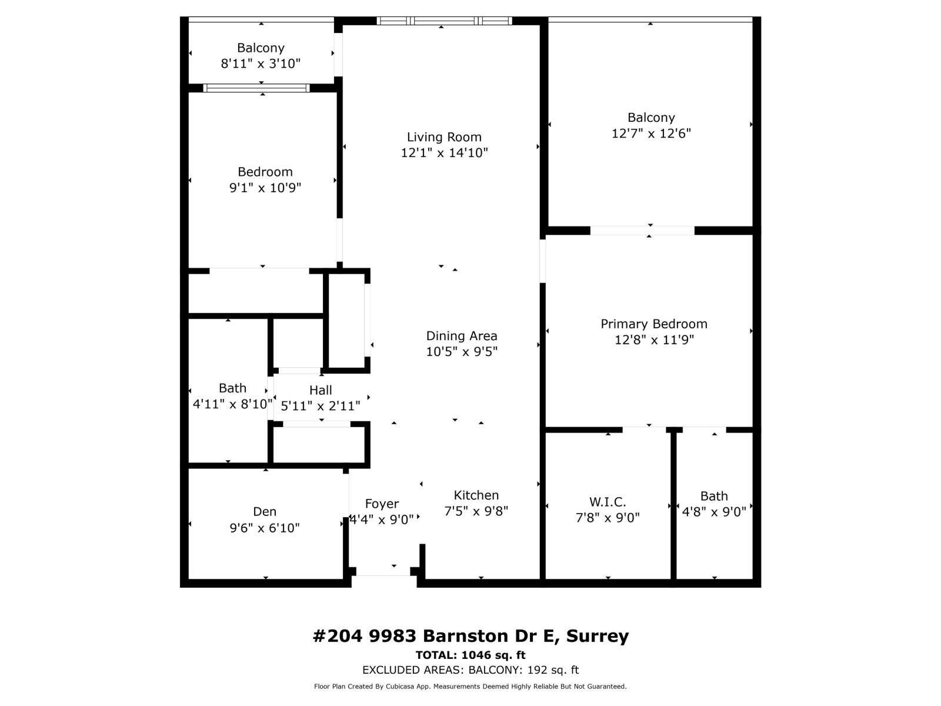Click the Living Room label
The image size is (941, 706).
click(x=444, y=137)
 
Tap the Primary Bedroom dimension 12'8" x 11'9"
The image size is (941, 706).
click(x=654, y=339)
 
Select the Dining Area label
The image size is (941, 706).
click(x=462, y=336)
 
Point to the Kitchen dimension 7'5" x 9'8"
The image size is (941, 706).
click(x=476, y=511)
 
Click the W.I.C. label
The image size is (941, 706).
click(x=608, y=502)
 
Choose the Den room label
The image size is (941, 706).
click(x=265, y=512)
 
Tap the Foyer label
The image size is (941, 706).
click(x=382, y=504)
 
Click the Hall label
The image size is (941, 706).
click(x=321, y=390)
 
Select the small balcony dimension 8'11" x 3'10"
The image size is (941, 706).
click(x=261, y=64)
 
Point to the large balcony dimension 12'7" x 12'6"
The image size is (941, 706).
click(x=651, y=134)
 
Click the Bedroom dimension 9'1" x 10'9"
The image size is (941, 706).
click(x=265, y=188)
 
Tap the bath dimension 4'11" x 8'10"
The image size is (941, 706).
click(x=232, y=404)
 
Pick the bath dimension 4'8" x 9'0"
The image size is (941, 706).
click(x=714, y=512)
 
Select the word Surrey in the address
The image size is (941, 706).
click(x=597, y=636)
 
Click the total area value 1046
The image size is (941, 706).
click(x=476, y=655)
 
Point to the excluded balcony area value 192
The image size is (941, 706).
click(x=537, y=670)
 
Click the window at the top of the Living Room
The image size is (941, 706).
click(x=444, y=21)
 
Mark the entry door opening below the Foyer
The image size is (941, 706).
click(x=383, y=571)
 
